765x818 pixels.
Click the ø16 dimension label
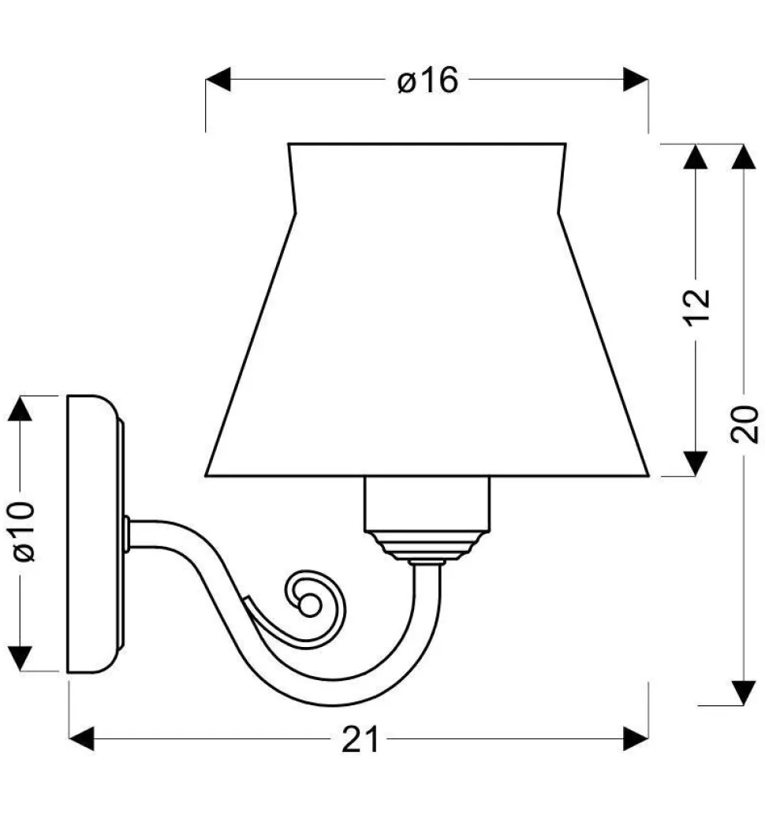tap(427, 80)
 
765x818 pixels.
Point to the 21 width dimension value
tap(360, 739)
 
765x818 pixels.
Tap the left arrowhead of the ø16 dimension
tap(218, 80)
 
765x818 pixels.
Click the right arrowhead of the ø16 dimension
tap(636, 80)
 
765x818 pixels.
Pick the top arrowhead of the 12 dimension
tap(695, 156)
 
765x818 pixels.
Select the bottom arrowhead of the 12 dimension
tap(695, 463)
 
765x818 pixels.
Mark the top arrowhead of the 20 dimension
tap(744, 156)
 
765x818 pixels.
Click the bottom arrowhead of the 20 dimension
tap(744, 692)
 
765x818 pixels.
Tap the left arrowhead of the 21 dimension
tap(82, 739)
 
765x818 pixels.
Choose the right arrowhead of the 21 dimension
tap(636, 739)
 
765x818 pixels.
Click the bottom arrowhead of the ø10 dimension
tap(21, 657)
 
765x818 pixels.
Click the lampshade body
tap(427, 331)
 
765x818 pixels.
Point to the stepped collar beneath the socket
tap(426, 545)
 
